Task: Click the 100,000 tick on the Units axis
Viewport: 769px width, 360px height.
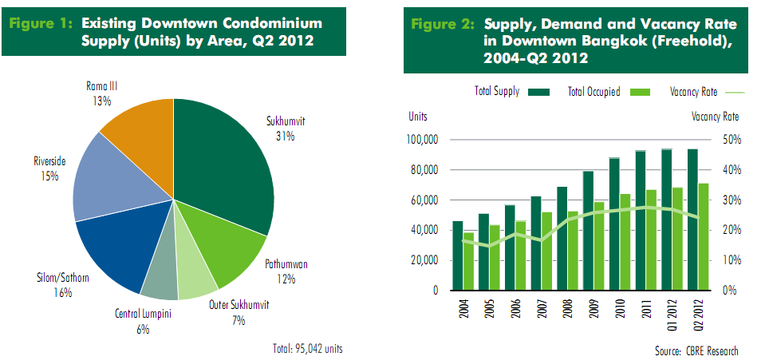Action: point(424,140)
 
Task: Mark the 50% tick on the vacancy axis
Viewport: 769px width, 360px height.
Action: point(732,140)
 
